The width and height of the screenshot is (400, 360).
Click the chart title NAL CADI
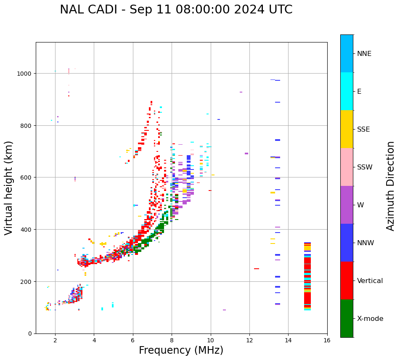click(176, 10)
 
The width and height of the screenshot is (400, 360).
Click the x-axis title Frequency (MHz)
click(181, 350)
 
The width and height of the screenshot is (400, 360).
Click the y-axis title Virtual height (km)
click(9, 188)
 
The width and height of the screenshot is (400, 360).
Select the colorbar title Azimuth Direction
click(391, 186)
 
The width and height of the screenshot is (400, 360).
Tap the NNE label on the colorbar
click(364, 54)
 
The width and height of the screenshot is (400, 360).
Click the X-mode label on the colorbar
click(370, 319)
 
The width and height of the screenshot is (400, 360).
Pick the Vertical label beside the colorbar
click(370, 281)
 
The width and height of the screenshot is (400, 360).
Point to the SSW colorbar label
click(365, 167)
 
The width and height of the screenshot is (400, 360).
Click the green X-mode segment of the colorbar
click(347, 318)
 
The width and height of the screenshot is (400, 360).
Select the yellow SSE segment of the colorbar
click(347, 129)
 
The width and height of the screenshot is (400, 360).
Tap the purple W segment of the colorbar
click(347, 205)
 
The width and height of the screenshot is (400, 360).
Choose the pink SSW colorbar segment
click(347, 167)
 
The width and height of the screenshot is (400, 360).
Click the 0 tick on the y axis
click(30, 334)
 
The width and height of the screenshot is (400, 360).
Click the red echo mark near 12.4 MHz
click(257, 269)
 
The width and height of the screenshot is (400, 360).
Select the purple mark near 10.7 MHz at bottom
click(224, 310)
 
